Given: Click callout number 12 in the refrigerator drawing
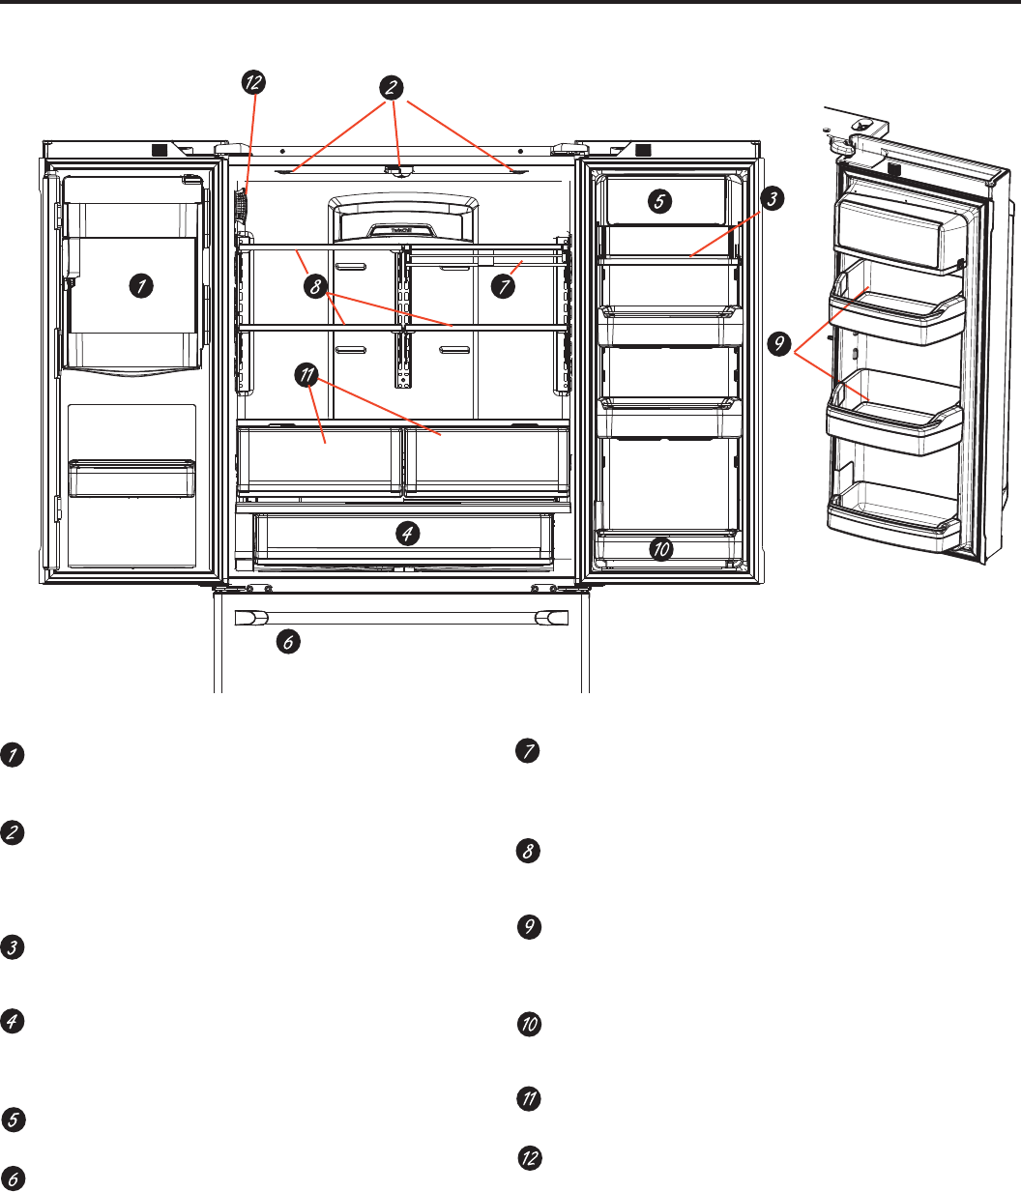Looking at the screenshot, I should (x=252, y=83).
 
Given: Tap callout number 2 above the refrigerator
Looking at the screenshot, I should (x=392, y=87).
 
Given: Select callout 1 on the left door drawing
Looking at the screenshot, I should (x=141, y=286).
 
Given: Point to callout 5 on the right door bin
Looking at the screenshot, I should (x=658, y=202).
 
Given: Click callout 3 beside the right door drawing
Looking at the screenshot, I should (x=771, y=200).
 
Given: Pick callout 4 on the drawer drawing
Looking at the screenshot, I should (x=409, y=532).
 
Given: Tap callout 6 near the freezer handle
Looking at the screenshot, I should (x=287, y=641).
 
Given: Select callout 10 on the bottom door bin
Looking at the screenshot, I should (x=661, y=549).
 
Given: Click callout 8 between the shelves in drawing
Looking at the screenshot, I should (x=315, y=286).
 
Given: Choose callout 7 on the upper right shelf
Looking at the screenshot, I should (x=502, y=286).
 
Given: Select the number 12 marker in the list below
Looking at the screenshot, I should (x=529, y=1157).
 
